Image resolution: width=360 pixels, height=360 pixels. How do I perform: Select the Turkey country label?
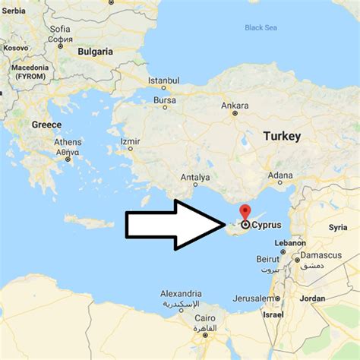[281, 136]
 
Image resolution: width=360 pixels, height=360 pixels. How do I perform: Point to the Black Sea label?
[260, 28]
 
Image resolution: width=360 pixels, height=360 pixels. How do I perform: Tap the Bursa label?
[164, 99]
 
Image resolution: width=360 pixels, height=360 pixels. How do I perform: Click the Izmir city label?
[130, 141]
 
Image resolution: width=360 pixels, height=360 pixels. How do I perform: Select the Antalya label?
[195, 177]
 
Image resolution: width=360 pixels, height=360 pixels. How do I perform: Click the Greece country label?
[47, 124]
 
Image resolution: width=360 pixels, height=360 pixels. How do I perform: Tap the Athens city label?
[68, 142]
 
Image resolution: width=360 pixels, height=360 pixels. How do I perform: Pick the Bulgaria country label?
[95, 52]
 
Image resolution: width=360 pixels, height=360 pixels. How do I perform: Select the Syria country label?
[337, 227]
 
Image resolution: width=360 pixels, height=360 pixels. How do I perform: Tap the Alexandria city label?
[181, 293]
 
